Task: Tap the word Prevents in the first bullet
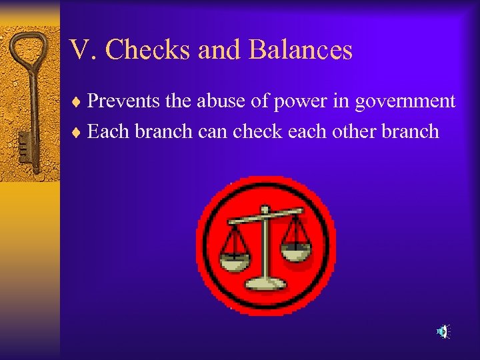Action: [x=123, y=101]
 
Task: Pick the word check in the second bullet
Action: [x=258, y=131]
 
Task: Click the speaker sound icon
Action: [x=443, y=331]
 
